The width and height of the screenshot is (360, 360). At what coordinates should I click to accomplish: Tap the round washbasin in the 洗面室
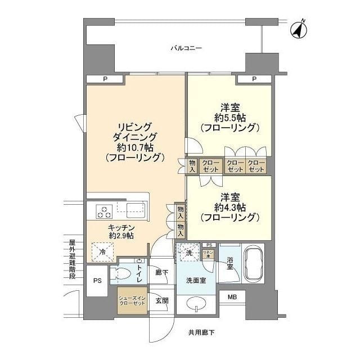(x=194, y=305)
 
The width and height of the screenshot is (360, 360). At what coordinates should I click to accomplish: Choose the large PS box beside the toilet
(x=97, y=280)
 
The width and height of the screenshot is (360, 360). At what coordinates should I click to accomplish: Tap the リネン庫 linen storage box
(x=209, y=254)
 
